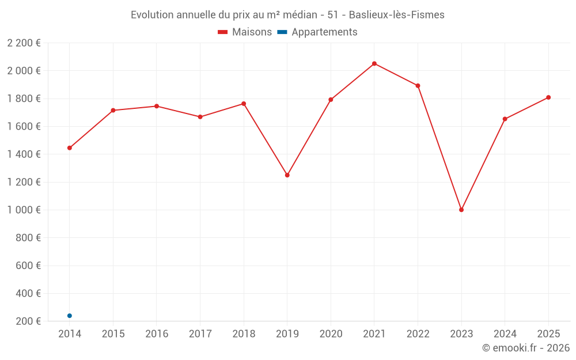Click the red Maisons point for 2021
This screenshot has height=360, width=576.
click(374, 63)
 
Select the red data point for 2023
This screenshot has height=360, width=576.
click(461, 210)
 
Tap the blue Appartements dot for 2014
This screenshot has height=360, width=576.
click(70, 316)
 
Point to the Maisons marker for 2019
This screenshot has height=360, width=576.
click(287, 175)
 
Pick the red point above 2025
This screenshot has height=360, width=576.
click(548, 97)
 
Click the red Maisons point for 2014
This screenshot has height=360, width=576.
click(70, 148)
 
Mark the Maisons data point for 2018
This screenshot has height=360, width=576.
click(244, 104)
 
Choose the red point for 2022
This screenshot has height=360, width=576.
click(418, 86)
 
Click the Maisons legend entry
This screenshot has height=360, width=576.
click(245, 32)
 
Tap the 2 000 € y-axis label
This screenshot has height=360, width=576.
click(24, 71)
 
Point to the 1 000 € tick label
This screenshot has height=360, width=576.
click(24, 210)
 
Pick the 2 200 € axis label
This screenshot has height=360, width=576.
click(24, 43)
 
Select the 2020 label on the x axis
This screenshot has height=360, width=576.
click(331, 334)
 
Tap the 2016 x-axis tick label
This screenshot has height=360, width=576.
click(157, 334)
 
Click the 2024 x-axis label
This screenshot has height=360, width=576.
click(505, 334)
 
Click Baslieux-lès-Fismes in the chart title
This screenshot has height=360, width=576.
click(397, 15)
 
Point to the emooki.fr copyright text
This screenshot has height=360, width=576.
click(526, 348)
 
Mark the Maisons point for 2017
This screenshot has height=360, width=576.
click(200, 117)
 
